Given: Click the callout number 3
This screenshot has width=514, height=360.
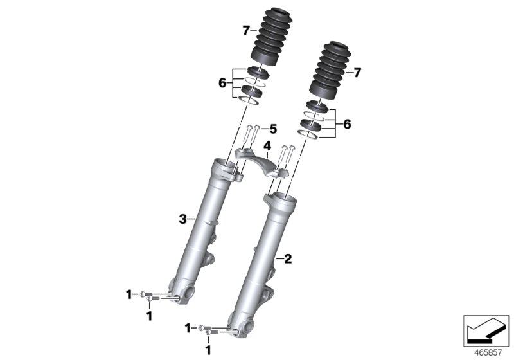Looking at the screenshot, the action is tap(182, 219).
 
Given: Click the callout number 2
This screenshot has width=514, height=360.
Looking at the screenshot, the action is tap(287, 259).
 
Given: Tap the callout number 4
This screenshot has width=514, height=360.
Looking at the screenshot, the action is tap(267, 145).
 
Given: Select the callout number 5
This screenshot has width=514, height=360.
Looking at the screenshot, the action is tap(273, 129).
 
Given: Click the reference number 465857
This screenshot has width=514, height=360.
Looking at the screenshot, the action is tap(488, 353).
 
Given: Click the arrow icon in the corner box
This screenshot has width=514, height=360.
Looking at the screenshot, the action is tap(486, 331).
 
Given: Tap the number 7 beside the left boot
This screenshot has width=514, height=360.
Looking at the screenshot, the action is tap(246, 30).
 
